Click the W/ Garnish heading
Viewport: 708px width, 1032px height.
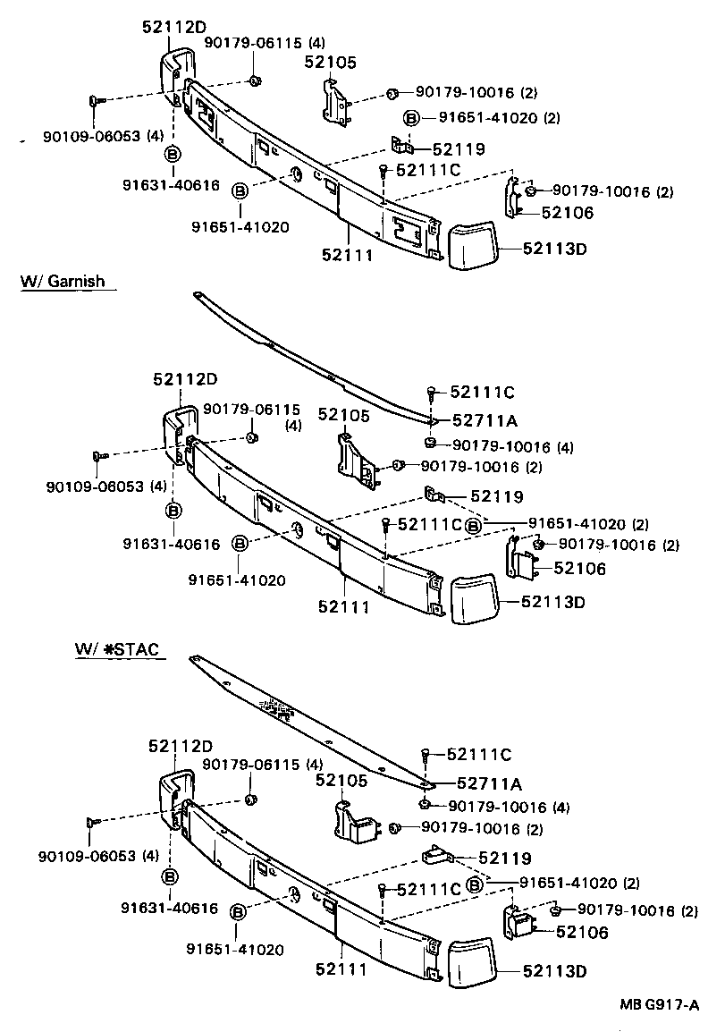(63, 282)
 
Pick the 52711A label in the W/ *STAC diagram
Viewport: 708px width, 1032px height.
(488, 784)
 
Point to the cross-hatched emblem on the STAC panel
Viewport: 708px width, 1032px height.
(278, 709)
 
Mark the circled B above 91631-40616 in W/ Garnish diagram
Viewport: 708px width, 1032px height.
(173, 510)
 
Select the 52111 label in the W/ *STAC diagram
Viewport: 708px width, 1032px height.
(341, 969)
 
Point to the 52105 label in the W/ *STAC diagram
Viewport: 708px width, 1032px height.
(341, 781)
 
